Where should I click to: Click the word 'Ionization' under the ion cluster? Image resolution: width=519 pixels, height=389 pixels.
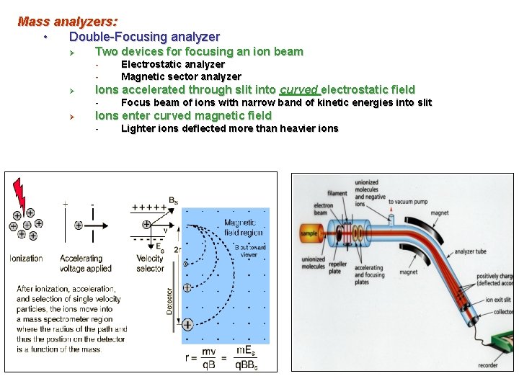[x=26, y=258]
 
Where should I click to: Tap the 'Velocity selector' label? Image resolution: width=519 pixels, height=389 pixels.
[x=150, y=263]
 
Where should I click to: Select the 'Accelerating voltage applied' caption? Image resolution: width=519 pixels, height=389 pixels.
[x=85, y=263]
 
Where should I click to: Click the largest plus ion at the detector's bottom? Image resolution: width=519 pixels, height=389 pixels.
[x=187, y=324]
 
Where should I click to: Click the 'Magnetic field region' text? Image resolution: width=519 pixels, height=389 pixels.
[x=244, y=228]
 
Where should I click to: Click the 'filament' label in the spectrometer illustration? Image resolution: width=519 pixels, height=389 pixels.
[x=337, y=193]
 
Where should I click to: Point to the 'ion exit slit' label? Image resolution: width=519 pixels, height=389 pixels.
[x=499, y=300]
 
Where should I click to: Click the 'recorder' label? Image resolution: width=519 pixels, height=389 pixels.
[x=487, y=365]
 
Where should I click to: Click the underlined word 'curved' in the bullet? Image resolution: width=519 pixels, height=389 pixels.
[x=298, y=89]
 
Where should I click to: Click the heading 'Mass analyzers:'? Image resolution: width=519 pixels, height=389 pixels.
[x=68, y=22]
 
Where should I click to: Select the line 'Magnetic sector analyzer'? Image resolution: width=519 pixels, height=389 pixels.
[x=181, y=76]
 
